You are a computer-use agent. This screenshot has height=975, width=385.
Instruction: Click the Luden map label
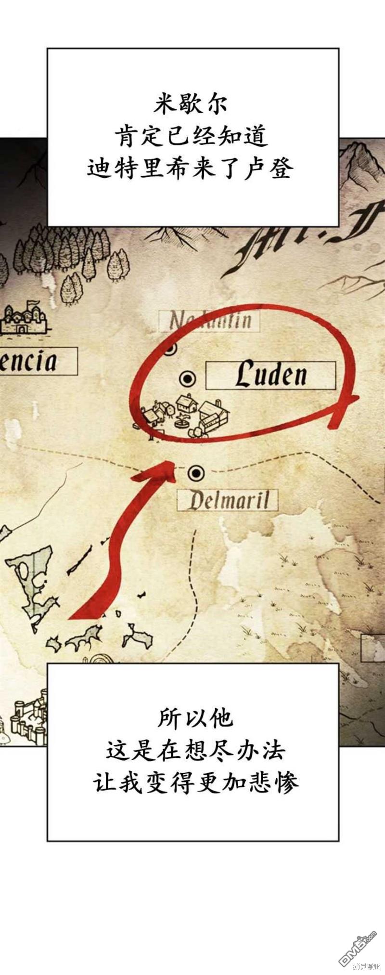click(x=270, y=376)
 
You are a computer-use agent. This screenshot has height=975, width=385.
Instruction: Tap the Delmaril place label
click(x=228, y=501)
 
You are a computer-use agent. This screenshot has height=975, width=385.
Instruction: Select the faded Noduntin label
click(x=210, y=321)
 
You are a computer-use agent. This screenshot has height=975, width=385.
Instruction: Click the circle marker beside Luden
click(x=187, y=379)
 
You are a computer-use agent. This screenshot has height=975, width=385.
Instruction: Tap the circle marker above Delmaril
click(x=196, y=473)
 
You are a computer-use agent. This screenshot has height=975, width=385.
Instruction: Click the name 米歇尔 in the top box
click(x=192, y=105)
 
